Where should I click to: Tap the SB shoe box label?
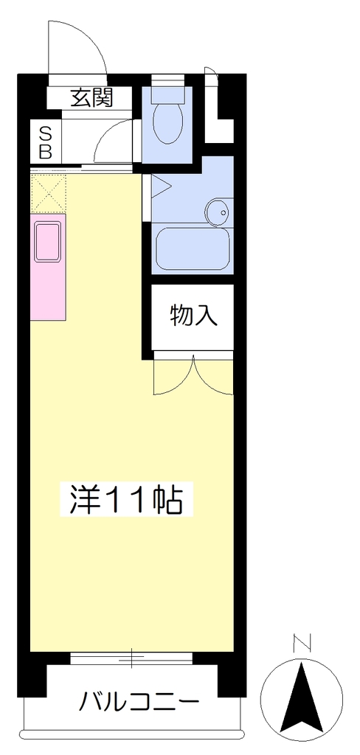(45, 142)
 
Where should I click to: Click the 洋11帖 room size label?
(126, 499)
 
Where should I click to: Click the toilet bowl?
(167, 124)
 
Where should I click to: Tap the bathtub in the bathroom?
(193, 249)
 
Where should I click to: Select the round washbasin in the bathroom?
(219, 211)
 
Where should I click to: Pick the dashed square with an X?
(48, 194)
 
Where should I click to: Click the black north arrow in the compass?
(301, 702)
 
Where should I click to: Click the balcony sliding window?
(131, 658)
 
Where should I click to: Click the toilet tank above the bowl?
(167, 95)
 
